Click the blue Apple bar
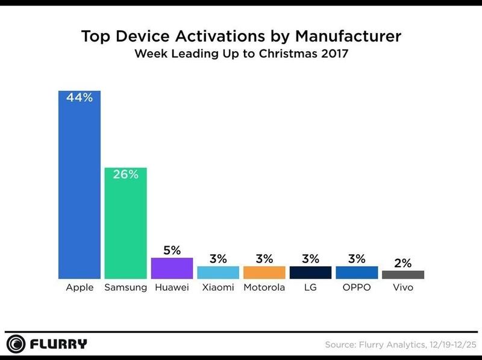[79, 187]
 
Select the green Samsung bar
[125, 226]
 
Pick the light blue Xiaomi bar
[218, 272]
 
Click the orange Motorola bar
[264, 272]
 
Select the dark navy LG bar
[310, 272]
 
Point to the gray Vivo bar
[403, 275]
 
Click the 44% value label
[79, 98]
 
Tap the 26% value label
[125, 175]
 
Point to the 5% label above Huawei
[172, 250]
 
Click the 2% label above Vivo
[403, 262]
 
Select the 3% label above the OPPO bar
[357, 259]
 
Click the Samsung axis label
[125, 287]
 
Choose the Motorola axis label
[264, 287]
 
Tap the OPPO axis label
[357, 287]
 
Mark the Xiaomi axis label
[218, 287]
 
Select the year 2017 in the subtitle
[334, 54]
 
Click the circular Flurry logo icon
[18, 344]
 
